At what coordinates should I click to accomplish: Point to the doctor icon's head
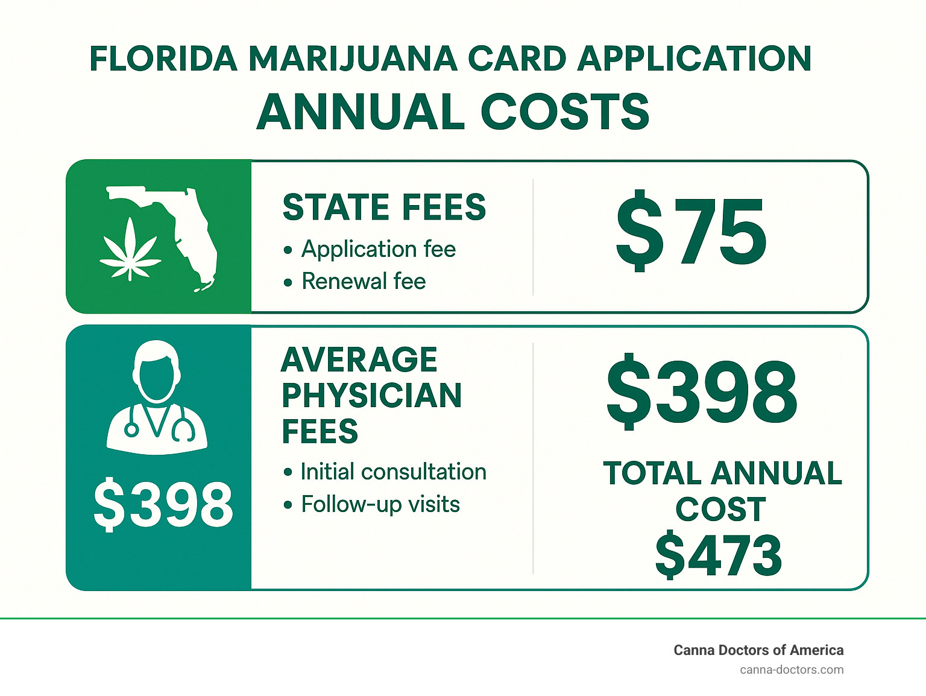coord(157,371)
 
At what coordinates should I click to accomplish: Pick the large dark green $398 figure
coord(702,392)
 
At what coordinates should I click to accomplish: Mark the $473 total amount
coord(719,555)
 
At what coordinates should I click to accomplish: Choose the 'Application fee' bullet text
coord(378,249)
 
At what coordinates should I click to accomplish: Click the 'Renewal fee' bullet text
coord(364,281)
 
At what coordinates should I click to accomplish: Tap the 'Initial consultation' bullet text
coord(393,472)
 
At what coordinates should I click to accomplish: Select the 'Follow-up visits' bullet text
coord(380,504)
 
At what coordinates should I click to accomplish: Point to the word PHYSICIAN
coord(371,396)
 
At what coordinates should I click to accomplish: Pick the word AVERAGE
coord(359,360)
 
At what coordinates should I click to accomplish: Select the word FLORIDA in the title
coord(163,59)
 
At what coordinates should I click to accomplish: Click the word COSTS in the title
coord(565,113)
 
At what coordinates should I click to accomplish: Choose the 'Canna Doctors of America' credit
coord(758,650)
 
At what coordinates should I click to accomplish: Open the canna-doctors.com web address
coord(792,669)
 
